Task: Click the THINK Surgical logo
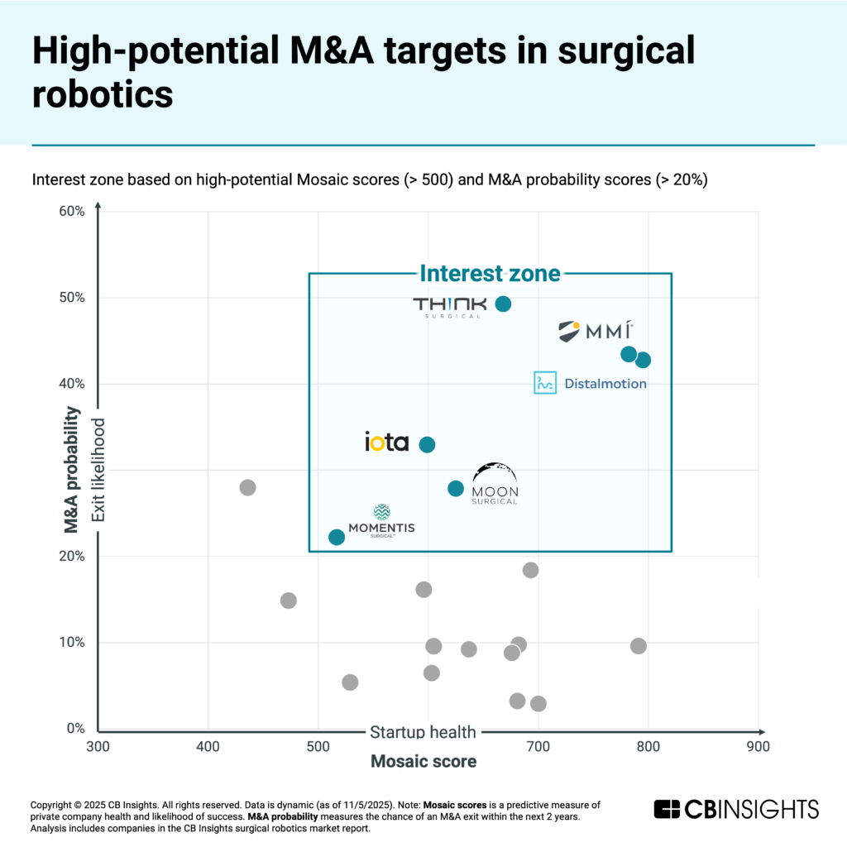[447, 307]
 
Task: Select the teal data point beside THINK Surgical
[502, 304]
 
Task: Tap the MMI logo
[595, 332]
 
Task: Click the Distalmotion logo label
[590, 383]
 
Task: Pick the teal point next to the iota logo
[427, 444]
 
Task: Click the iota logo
[386, 443]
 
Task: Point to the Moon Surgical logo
[495, 485]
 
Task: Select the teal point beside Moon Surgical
[456, 488]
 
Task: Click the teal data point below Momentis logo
[337, 537]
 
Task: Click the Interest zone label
[490, 273]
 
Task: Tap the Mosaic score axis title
[423, 762]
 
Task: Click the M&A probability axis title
[72, 469]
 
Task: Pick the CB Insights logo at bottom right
[735, 808]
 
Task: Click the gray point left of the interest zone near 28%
[247, 487]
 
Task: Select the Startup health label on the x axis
[423, 731]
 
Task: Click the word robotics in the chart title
[103, 95]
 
